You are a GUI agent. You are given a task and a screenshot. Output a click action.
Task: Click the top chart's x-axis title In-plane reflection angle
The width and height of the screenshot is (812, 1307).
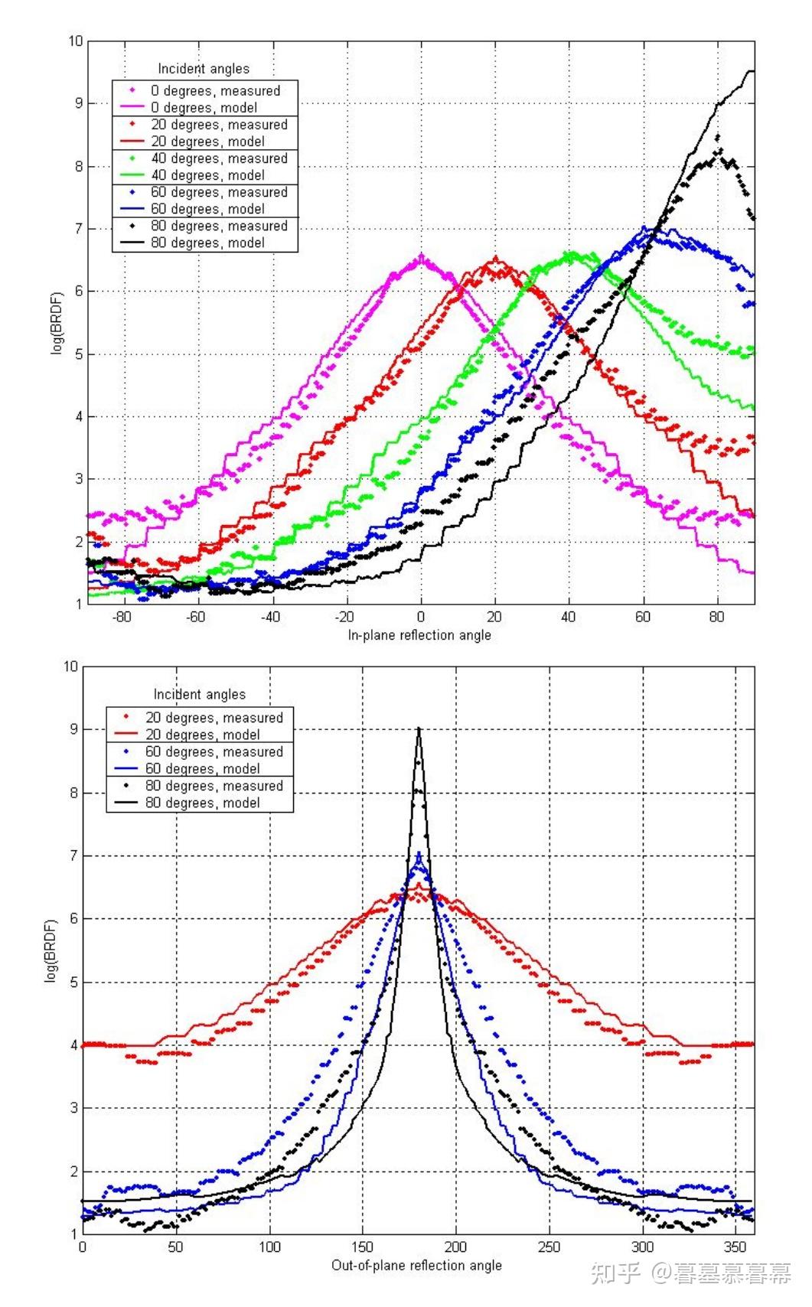coord(419,635)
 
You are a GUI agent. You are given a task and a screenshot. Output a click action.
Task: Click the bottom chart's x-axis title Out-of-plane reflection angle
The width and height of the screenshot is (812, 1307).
coord(416,1265)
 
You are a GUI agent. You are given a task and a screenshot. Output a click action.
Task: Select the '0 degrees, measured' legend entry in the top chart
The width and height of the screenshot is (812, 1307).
coord(215,90)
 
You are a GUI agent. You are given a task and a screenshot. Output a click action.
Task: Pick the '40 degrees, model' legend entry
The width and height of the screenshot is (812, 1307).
coord(215,175)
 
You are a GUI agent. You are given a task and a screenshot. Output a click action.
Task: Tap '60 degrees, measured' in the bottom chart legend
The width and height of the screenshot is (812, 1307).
coord(214,751)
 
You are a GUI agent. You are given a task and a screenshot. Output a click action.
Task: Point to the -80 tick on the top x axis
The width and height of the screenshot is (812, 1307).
coord(122,617)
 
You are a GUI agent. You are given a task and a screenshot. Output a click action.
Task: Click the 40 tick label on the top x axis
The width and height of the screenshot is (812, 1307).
coord(568,617)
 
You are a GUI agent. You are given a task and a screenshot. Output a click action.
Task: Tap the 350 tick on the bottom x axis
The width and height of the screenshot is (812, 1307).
coord(736,1247)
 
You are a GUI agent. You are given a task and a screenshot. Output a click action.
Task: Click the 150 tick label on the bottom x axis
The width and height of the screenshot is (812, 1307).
coord(363,1247)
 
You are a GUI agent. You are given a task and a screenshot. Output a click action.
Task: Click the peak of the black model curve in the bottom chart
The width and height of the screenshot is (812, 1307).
coord(419,728)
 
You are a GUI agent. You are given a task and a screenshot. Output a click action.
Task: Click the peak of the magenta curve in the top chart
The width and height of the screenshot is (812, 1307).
coord(421,257)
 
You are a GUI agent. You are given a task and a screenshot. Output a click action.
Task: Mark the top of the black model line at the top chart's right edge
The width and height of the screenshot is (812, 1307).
coord(751,71)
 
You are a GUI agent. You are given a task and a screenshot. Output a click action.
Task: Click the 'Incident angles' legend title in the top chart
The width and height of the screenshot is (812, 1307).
coord(204,69)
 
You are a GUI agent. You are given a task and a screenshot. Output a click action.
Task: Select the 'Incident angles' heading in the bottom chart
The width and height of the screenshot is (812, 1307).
coord(199,694)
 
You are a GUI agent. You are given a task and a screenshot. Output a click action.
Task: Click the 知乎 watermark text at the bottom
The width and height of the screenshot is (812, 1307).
coord(616,1273)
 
